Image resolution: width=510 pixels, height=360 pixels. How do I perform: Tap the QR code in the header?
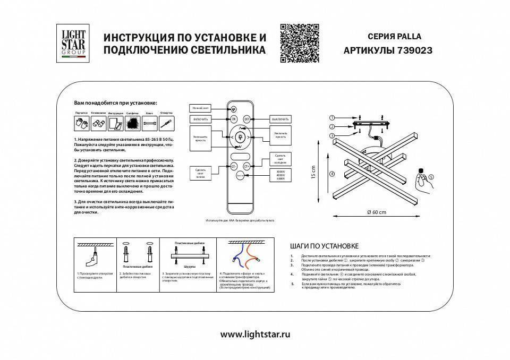300,43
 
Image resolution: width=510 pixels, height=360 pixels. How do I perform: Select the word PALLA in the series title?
406,37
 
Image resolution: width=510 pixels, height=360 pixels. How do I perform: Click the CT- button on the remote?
233,166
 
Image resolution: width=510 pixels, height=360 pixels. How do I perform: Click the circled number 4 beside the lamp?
331,173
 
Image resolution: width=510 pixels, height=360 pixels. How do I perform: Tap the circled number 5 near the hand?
431,176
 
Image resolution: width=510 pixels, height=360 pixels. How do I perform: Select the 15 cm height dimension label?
314,173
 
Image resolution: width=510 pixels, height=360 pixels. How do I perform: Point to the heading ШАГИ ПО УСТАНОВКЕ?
325,246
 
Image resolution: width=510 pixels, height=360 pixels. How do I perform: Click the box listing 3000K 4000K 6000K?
281,175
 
